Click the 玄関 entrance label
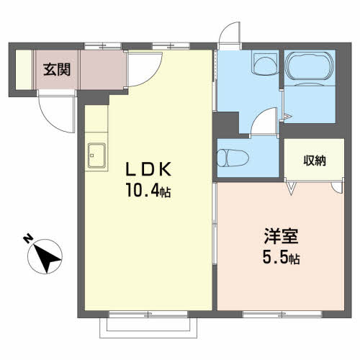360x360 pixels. click(x=57, y=70)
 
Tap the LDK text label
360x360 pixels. click(x=149, y=169)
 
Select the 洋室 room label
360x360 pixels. click(x=281, y=236)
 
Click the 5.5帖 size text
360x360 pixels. click(x=281, y=258)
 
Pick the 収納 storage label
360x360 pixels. click(x=315, y=161)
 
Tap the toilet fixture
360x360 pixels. click(x=233, y=158)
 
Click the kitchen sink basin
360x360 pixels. click(x=96, y=155)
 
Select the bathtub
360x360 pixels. click(x=310, y=66)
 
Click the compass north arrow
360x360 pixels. click(x=46, y=258)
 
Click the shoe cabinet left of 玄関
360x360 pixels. click(x=24, y=70)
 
